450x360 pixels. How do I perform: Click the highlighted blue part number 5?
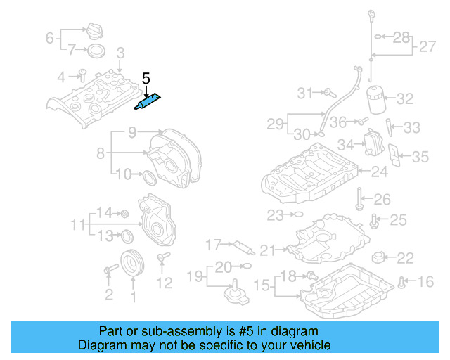[148, 102]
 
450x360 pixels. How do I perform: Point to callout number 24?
[379, 171]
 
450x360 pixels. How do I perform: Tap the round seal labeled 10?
[149, 176]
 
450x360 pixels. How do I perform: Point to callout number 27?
[427, 48]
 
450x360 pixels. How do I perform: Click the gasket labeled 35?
[396, 158]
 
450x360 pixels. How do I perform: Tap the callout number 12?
[164, 283]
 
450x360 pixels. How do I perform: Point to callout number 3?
[120, 52]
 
